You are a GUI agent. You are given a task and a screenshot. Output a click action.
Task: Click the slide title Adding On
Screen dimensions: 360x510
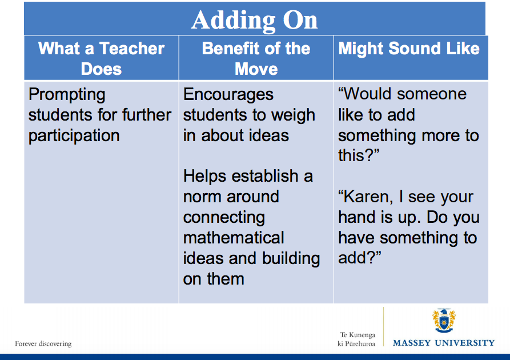254,20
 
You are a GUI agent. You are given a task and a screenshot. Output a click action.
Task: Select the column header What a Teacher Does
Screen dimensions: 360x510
101,58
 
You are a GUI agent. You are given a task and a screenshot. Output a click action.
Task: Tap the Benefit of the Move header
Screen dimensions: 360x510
256,58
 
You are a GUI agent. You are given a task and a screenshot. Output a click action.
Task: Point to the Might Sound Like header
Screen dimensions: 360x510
409,49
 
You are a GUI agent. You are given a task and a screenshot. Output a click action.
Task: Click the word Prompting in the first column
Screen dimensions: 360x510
67,94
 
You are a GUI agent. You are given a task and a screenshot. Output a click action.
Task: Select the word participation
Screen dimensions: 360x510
74,135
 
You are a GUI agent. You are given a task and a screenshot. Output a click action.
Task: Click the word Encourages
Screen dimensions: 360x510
228,94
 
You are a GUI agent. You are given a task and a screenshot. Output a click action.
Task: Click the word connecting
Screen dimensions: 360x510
224,218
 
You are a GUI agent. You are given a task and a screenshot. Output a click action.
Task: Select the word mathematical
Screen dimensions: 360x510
234,238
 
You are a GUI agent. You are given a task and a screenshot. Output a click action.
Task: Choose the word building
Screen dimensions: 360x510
291,258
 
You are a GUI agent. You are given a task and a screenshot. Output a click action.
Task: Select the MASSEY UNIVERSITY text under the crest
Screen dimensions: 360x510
444,343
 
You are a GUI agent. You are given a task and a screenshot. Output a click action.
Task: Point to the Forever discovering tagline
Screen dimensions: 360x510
43,344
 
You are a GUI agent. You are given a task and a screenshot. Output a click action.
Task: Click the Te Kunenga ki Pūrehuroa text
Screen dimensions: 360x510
357,339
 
